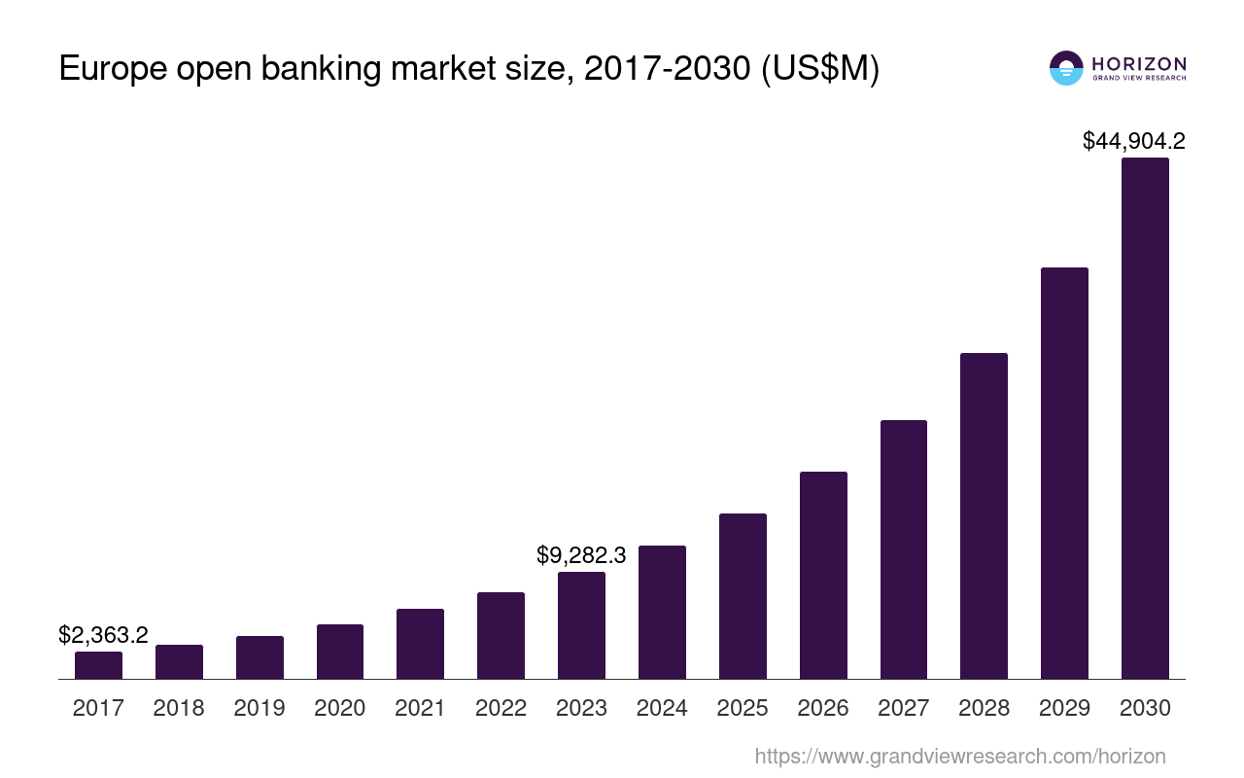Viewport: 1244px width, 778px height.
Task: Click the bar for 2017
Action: (98, 665)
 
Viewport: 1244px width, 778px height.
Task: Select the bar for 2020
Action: (340, 652)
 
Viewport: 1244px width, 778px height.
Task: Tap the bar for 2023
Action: (581, 625)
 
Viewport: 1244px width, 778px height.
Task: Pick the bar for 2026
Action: (823, 575)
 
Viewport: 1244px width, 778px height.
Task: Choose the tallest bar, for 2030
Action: (1145, 418)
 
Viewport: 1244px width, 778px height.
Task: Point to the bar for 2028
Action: (984, 515)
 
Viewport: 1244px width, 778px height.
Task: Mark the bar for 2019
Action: (259, 657)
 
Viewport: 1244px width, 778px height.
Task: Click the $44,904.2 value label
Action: (1133, 141)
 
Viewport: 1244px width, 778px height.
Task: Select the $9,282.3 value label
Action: (581, 555)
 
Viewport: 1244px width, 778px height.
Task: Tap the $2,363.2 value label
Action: (103, 635)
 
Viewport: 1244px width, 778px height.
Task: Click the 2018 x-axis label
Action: (179, 708)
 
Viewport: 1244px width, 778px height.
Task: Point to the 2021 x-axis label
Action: (420, 708)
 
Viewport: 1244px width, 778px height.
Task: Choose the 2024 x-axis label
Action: (662, 708)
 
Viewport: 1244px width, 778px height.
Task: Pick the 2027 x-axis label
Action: (904, 708)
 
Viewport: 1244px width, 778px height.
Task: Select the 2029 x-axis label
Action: (1064, 708)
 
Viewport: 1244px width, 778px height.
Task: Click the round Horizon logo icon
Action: (1066, 68)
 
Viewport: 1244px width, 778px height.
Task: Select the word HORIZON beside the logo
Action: (1139, 63)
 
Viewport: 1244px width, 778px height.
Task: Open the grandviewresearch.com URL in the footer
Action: (959, 756)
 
